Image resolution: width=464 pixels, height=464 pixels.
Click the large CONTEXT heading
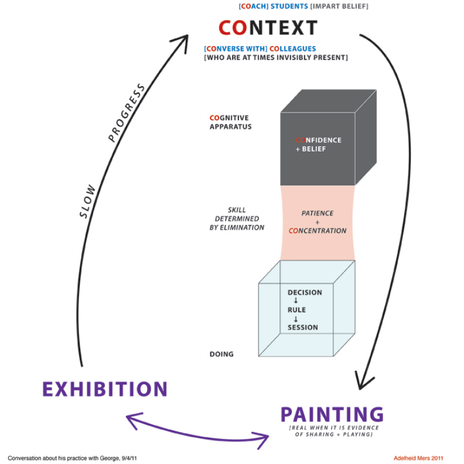(268, 28)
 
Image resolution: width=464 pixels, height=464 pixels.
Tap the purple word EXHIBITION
(105, 389)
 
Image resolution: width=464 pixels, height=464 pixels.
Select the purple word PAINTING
(332, 414)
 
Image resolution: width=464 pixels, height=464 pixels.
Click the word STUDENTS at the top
(289, 6)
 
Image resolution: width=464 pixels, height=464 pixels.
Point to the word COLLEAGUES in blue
(293, 49)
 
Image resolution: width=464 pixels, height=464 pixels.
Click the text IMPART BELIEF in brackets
(339, 6)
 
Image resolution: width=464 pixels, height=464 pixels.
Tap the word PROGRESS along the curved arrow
(127, 112)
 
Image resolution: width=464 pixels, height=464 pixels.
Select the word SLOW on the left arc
(88, 202)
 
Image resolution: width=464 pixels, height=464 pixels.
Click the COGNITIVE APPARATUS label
(230, 122)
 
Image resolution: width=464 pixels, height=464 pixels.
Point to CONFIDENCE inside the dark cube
(318, 140)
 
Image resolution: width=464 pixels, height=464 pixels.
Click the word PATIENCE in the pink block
(317, 213)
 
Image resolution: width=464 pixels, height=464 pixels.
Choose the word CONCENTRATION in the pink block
(318, 231)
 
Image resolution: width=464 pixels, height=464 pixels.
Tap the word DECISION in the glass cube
(305, 292)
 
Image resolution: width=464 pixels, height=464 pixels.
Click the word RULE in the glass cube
(296, 310)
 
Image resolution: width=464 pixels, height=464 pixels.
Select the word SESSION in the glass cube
(303, 327)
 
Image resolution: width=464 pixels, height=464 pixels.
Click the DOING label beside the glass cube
(221, 354)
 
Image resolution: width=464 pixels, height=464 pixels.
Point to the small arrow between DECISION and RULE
(296, 301)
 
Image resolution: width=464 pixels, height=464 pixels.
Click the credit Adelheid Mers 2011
(418, 458)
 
